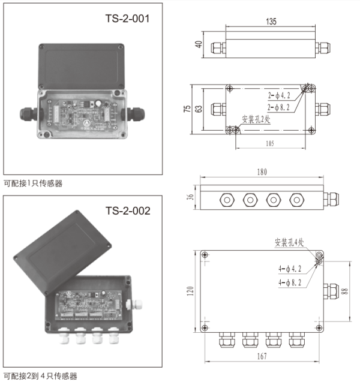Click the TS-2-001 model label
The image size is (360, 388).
tap(127, 19)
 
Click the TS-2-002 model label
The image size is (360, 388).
tap(127, 210)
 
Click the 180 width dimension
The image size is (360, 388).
tap(262, 172)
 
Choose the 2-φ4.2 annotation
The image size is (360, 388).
tap(279, 95)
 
